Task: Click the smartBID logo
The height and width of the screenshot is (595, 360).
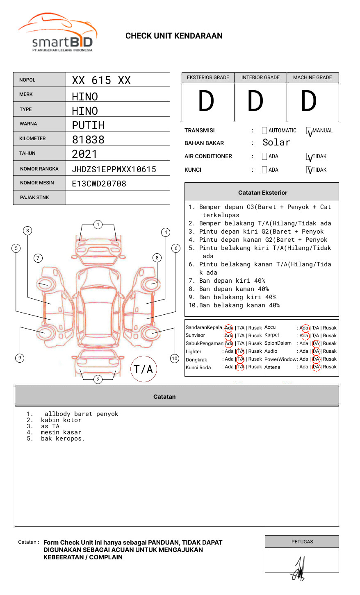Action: coord(57,33)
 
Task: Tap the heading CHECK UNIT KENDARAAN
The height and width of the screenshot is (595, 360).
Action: coord(174,36)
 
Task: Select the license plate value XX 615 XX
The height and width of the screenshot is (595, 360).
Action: coord(101,80)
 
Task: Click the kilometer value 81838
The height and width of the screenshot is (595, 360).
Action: coord(88,140)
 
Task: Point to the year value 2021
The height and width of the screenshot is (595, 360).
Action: coord(84,154)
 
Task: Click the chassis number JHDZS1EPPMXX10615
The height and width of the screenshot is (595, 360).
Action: coord(114,169)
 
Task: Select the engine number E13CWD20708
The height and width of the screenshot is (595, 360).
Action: coord(99,184)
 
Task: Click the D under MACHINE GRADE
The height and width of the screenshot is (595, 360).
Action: coord(309,102)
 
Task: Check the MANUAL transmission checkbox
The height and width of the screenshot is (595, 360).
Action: coord(309,131)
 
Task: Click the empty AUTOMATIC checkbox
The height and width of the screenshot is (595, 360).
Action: coord(264,131)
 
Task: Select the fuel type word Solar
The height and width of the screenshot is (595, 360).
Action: coord(276,143)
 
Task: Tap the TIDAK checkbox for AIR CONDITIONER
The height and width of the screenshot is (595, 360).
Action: coord(309,157)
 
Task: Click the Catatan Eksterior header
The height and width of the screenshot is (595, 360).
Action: coord(262,193)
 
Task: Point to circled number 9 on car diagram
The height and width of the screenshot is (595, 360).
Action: coord(20,358)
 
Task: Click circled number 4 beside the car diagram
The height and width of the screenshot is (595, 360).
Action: coord(166,232)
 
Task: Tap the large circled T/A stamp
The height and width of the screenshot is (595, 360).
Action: coord(144,369)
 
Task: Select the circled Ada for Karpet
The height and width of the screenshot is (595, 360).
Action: coord(305,336)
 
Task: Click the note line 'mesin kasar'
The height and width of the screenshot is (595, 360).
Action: coord(61,432)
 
